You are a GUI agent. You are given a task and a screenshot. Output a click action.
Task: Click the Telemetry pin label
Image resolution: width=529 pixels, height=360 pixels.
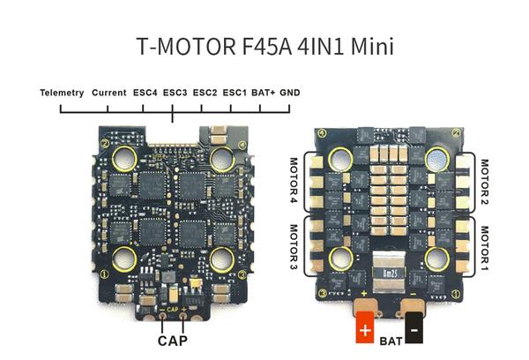point(62,93)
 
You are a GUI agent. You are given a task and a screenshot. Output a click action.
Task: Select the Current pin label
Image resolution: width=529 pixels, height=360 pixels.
point(109,93)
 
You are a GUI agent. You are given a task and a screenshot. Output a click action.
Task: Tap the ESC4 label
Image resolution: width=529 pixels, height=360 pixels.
point(145,93)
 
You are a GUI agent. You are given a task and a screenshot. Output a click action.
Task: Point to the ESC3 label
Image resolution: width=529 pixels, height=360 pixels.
point(175,93)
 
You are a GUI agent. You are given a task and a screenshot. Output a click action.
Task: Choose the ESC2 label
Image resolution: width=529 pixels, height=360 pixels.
point(205,93)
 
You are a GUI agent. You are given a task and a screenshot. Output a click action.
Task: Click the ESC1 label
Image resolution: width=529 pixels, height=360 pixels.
point(235,93)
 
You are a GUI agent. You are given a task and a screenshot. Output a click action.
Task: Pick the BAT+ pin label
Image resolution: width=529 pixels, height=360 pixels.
point(263,93)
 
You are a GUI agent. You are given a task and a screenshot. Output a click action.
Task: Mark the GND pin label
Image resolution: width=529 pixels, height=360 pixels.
point(290,93)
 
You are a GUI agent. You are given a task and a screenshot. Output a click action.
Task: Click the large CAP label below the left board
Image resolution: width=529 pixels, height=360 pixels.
point(173,341)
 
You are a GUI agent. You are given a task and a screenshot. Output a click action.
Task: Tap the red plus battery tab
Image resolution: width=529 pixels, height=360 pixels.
point(365,326)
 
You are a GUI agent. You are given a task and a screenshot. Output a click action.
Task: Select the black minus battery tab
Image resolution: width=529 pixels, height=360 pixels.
point(414,327)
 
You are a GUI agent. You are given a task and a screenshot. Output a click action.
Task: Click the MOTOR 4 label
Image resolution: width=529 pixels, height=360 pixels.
point(294,180)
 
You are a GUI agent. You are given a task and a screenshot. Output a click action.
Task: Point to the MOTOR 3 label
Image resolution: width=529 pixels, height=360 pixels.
point(294,247)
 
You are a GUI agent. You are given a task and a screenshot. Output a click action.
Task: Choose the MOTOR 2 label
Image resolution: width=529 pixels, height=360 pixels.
point(484,182)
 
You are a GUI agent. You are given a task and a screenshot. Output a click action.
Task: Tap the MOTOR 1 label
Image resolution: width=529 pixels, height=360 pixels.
point(484,248)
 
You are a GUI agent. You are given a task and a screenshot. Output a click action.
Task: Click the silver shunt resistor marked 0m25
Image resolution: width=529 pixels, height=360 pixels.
point(389,272)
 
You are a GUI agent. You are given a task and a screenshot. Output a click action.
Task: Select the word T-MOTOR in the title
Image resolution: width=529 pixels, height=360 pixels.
point(186,46)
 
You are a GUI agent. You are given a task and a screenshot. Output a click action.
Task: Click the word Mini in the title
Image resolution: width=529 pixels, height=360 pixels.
point(372,46)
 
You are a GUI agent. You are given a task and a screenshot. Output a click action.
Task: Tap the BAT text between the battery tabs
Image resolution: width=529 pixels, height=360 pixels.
point(391,341)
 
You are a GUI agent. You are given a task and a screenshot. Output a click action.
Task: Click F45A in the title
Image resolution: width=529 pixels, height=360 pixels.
point(267,46)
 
